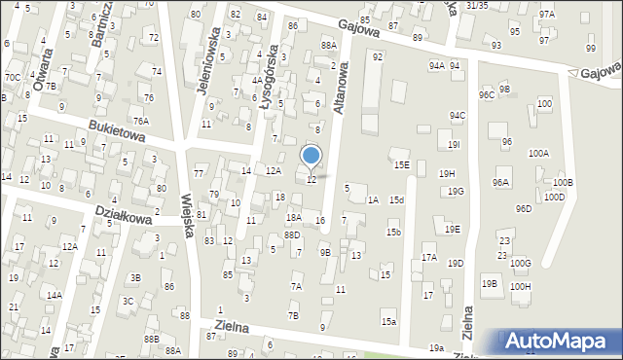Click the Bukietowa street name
pos(116,130)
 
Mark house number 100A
pos(538,154)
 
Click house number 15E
pos(401,165)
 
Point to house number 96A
pos(501,182)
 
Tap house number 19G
pos(456,192)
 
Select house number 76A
pos(141,121)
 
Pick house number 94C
pos(458,116)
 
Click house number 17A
pos(428,257)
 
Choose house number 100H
pos(520,286)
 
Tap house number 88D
pos(292,235)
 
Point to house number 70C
pos(12,77)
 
